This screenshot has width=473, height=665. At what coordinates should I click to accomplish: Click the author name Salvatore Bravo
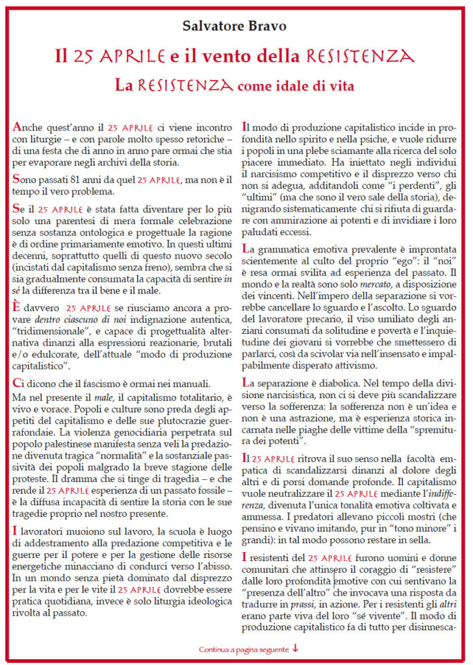tap(236, 27)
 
